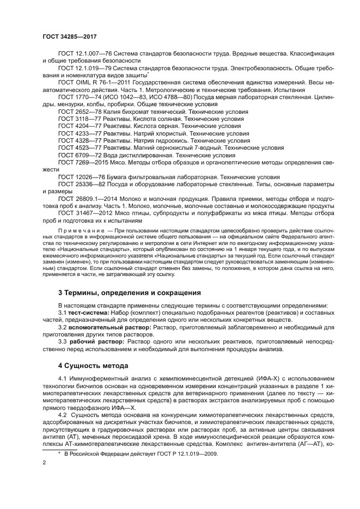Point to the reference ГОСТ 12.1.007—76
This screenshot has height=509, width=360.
pos(84,54)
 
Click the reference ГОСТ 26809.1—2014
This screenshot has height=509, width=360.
pos(86,199)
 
